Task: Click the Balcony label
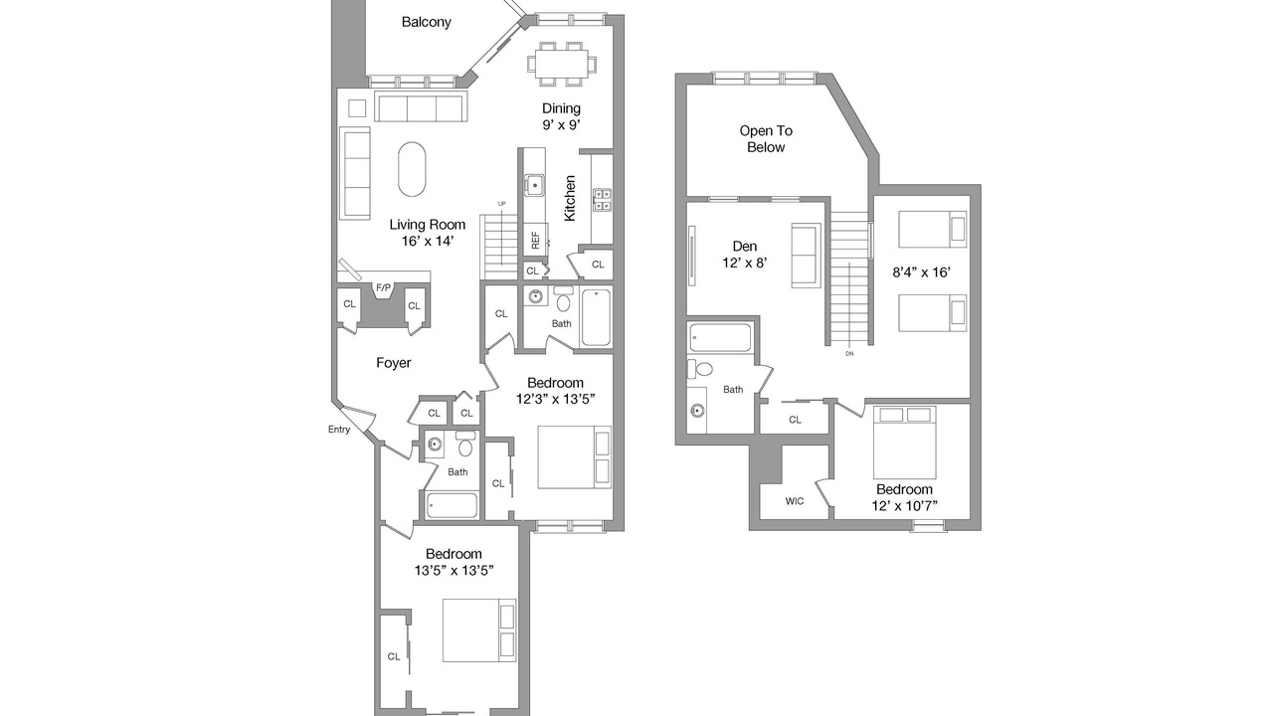pos(427,22)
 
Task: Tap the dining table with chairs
pos(562,64)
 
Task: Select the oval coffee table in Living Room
pos(412,169)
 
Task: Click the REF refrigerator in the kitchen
pos(535,240)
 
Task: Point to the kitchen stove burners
pos(602,200)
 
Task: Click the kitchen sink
pos(534,185)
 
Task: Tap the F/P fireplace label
pos(384,288)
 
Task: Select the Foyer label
pos(393,363)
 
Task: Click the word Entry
pos(339,429)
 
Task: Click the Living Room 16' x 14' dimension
pos(428,241)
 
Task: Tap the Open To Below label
pos(766,138)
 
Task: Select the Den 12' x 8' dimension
pos(745,263)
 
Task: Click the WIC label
pos(795,501)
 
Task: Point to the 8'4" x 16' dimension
pos(921,272)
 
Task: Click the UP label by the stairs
pos(502,204)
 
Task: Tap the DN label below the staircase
pos(849,353)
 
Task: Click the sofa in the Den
pos(806,256)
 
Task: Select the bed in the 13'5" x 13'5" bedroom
pos(479,630)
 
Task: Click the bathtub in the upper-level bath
pos(720,337)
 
